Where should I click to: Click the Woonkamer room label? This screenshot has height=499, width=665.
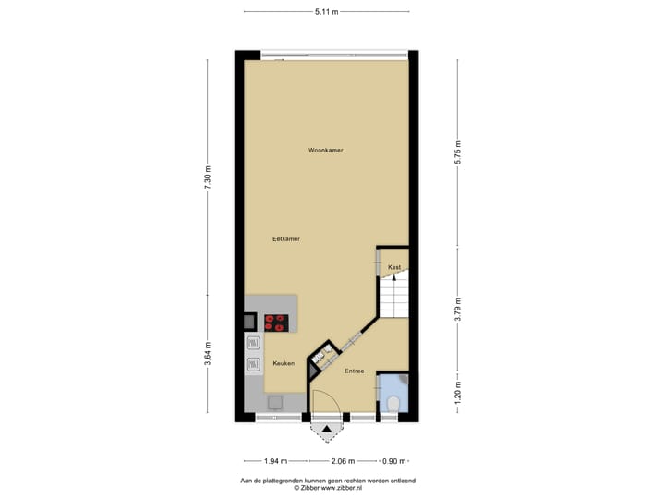(x=326, y=150)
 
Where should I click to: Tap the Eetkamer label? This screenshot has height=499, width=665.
(x=286, y=238)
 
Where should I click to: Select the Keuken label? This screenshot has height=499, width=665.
(x=284, y=363)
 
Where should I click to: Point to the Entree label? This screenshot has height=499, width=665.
(x=354, y=371)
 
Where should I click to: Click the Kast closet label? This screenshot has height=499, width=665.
(x=394, y=267)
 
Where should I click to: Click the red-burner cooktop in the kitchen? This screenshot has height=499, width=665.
(x=276, y=323)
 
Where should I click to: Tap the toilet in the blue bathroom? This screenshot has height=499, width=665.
(x=394, y=402)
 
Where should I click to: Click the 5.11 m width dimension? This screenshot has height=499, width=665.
(x=326, y=12)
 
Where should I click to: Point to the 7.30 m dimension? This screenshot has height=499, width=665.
(x=208, y=176)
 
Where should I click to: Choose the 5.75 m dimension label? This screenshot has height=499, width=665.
(x=458, y=151)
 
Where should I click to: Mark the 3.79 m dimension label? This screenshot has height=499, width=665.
(x=458, y=305)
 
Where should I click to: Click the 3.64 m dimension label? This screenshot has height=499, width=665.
(x=208, y=355)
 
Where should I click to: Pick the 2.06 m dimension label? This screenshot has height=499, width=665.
(x=345, y=460)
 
